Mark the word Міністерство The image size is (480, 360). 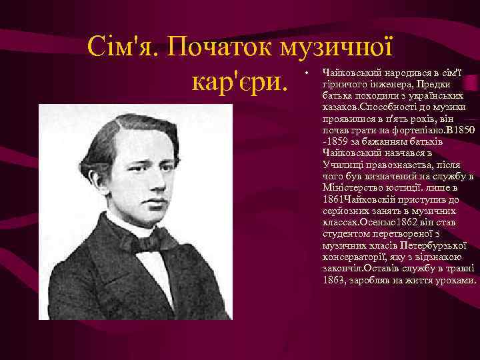351,189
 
